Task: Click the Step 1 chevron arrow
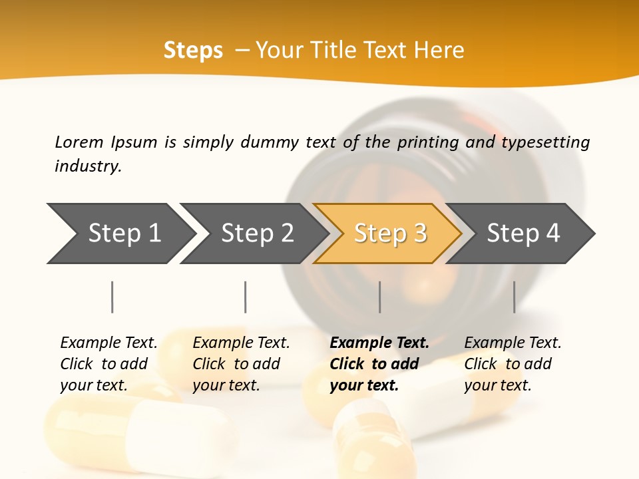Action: click(x=123, y=233)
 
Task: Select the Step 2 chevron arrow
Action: click(x=256, y=233)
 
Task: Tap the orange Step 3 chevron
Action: click(x=389, y=233)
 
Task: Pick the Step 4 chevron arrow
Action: click(x=523, y=233)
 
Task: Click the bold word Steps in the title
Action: click(x=193, y=51)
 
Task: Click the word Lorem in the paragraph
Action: click(x=79, y=142)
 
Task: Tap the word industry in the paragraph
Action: click(x=88, y=166)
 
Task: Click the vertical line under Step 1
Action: click(x=112, y=297)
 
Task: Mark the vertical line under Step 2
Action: click(x=246, y=297)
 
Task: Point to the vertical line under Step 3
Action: click(x=380, y=297)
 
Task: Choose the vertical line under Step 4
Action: click(x=515, y=297)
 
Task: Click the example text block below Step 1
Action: click(x=108, y=364)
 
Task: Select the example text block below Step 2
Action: click(x=241, y=364)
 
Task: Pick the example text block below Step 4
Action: click(x=513, y=364)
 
